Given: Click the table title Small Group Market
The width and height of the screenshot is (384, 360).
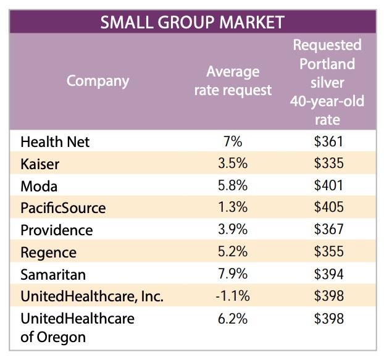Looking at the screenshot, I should click(192, 22).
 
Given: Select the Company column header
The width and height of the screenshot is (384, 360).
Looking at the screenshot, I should click(98, 81).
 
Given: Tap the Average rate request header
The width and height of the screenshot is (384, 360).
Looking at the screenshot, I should click(233, 81).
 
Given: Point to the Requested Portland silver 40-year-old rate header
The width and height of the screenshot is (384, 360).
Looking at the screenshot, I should click(327, 82).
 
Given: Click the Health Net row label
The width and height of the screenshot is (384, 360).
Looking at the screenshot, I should click(55, 142).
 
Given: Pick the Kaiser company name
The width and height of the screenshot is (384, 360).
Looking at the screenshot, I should click(40, 164).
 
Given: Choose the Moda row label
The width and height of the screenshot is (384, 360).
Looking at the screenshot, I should click(38, 186).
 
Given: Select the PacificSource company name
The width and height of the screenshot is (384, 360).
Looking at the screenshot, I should click(63, 208).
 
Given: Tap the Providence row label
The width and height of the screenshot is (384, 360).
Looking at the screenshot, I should click(57, 230).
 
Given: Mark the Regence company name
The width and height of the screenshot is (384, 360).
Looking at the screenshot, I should click(48, 253).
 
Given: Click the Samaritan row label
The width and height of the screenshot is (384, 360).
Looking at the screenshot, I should click(52, 274).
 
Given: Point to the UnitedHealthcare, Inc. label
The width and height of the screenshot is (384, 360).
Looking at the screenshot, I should click(92, 296).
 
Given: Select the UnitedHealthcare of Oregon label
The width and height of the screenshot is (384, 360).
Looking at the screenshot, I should click(77, 328).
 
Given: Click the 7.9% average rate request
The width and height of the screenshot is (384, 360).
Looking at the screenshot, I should click(233, 274).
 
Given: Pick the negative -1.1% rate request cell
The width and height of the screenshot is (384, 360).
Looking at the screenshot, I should click(233, 296).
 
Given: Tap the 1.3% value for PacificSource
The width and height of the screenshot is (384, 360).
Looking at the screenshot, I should click(233, 208).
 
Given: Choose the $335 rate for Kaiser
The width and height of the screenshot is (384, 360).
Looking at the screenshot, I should click(328, 164).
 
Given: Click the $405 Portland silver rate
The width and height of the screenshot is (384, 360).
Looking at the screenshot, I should click(328, 208).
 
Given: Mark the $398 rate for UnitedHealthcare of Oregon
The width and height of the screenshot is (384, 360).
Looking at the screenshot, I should click(328, 319).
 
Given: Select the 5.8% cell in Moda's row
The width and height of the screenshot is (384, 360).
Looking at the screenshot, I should click(233, 186).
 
